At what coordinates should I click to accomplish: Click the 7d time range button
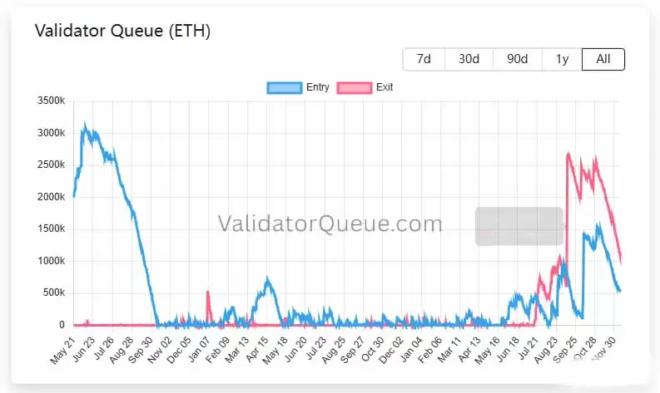coord(424,59)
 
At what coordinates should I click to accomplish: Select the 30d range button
coord(469,59)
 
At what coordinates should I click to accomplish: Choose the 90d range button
coord(517,59)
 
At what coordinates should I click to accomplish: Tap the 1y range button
coord(562,59)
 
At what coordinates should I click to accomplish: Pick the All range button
coord(603,59)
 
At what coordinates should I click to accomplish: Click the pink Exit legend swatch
coord(355,87)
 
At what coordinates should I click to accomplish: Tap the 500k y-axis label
coord(53,293)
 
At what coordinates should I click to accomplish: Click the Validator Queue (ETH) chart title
coord(122,32)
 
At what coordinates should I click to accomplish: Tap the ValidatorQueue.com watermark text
coord(330,224)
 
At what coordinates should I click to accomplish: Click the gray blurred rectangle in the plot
coord(519,226)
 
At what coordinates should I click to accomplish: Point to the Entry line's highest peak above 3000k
coord(84,125)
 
